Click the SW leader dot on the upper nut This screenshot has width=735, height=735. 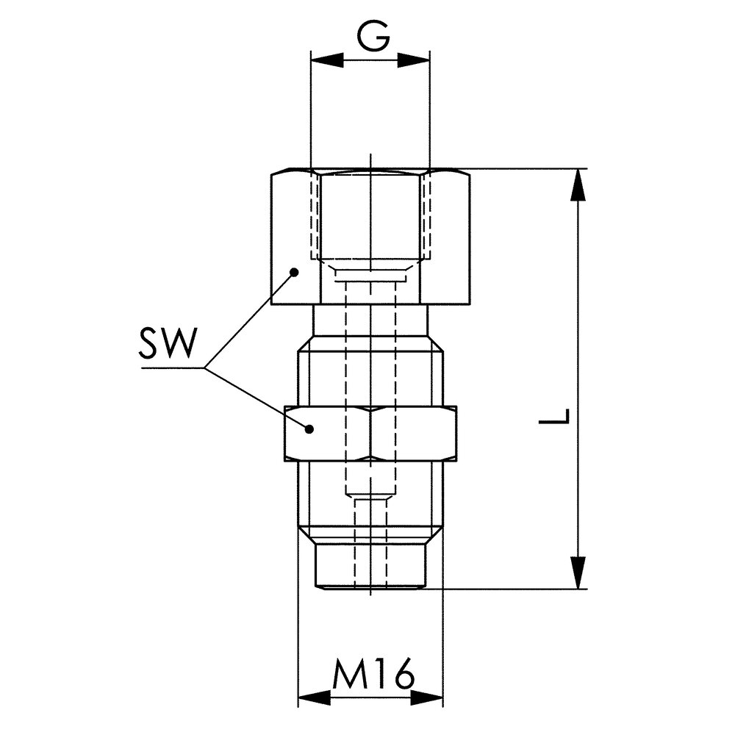click(295, 272)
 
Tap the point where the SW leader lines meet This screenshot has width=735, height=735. click(207, 367)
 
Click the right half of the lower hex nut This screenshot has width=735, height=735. click(415, 433)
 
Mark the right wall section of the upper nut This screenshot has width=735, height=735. click(448, 235)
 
